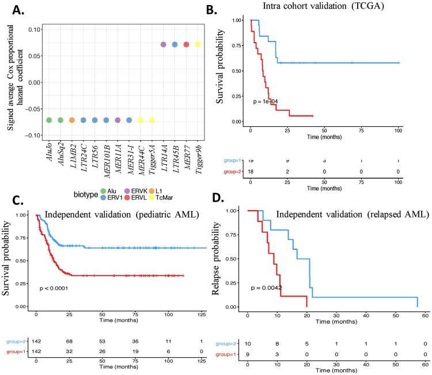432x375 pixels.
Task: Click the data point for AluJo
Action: [x=49, y=120]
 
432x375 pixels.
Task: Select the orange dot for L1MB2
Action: [x=72, y=120]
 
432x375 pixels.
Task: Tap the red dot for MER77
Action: [x=186, y=44]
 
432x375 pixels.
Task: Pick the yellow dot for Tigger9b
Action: [x=198, y=44]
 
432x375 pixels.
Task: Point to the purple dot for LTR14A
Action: [x=163, y=44]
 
